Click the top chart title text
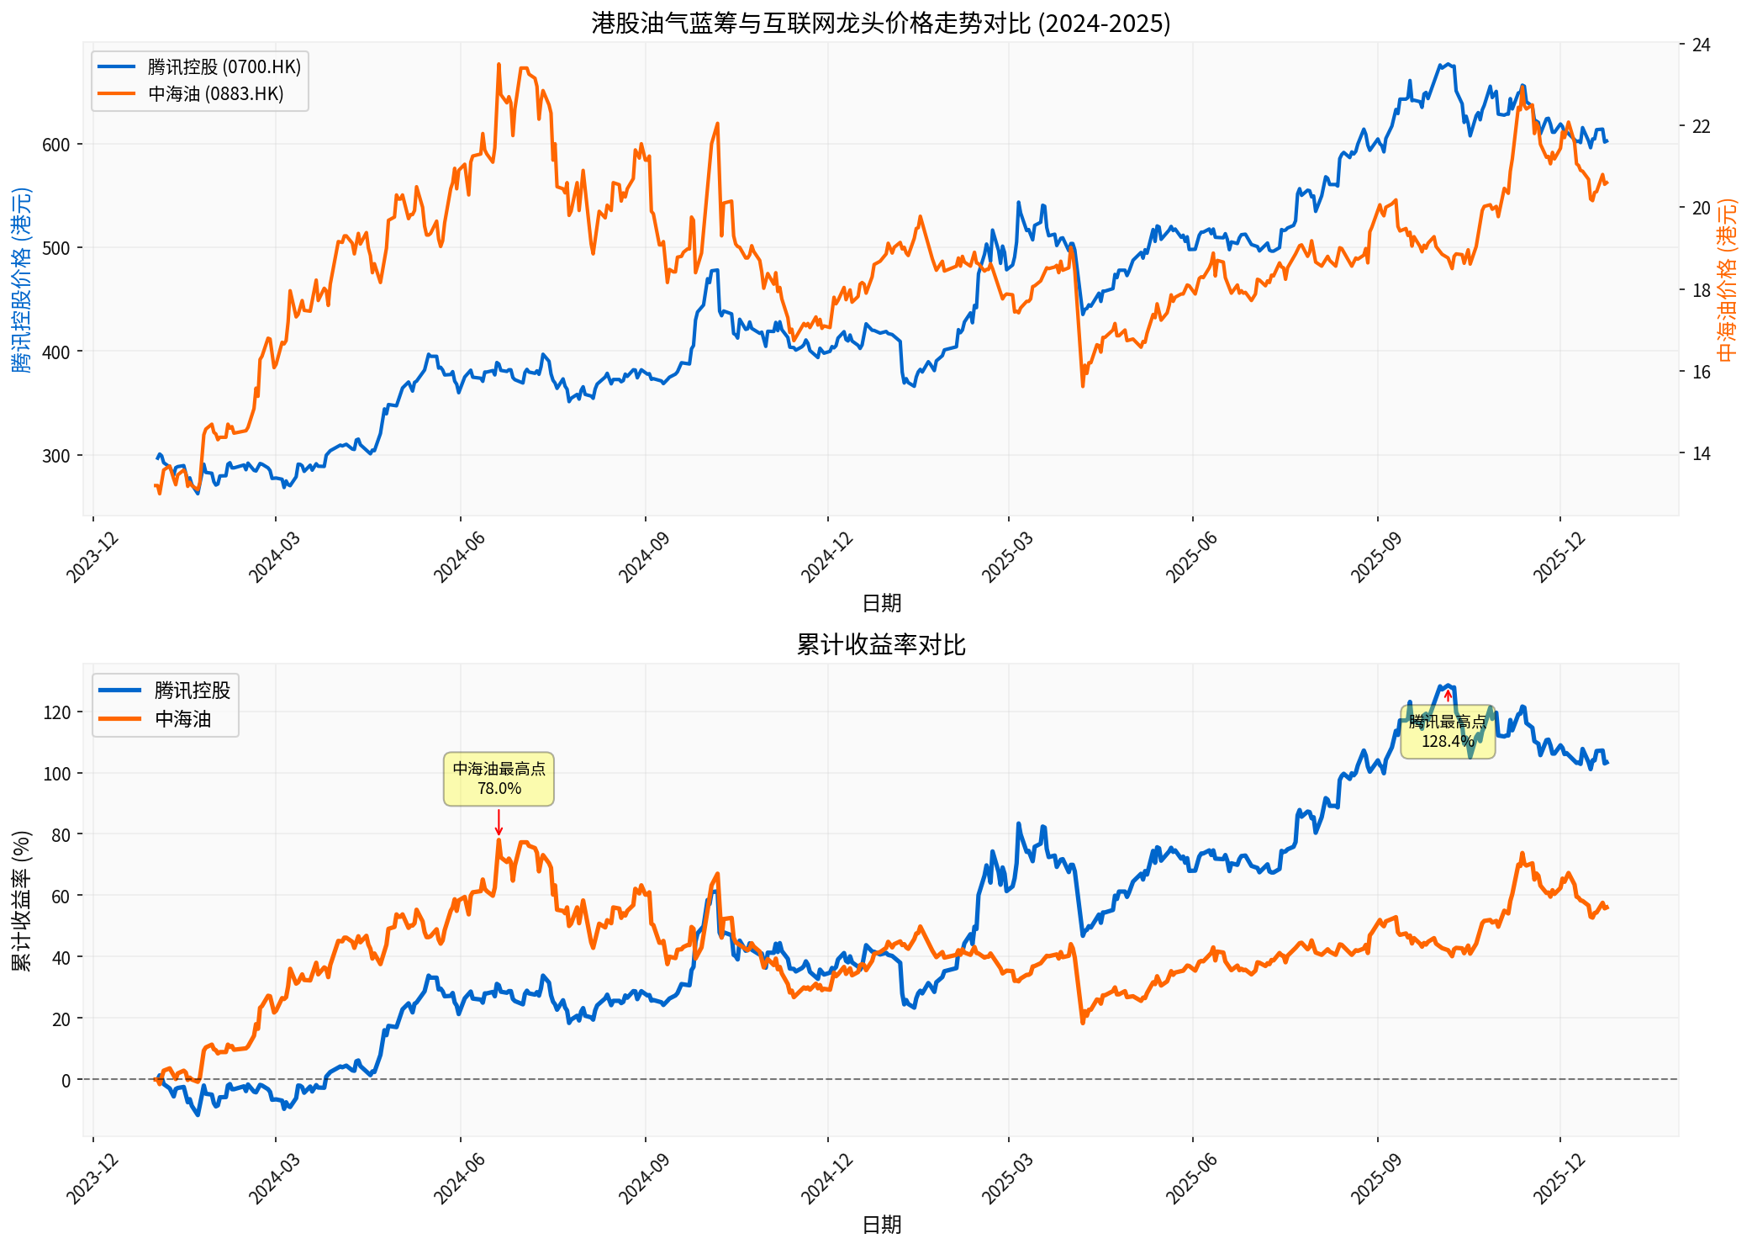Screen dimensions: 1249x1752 [x=880, y=23]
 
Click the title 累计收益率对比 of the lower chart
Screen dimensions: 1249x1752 [x=880, y=645]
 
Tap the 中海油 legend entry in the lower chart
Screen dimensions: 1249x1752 [x=182, y=719]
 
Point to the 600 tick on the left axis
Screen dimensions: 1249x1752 [x=55, y=145]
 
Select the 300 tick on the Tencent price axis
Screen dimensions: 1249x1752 [x=55, y=456]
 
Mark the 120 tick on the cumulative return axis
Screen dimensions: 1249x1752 [x=57, y=712]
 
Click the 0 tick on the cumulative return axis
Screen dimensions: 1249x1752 [x=66, y=1080]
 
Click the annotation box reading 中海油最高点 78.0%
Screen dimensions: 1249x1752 [x=499, y=779]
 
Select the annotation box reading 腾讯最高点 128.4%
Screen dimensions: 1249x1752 [x=1447, y=732]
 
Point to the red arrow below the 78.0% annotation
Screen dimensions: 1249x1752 [x=499, y=822]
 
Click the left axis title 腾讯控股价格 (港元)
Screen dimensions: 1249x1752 [x=21, y=280]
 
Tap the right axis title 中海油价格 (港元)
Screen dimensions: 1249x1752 [x=1727, y=280]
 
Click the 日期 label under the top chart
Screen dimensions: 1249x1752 [x=881, y=603]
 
